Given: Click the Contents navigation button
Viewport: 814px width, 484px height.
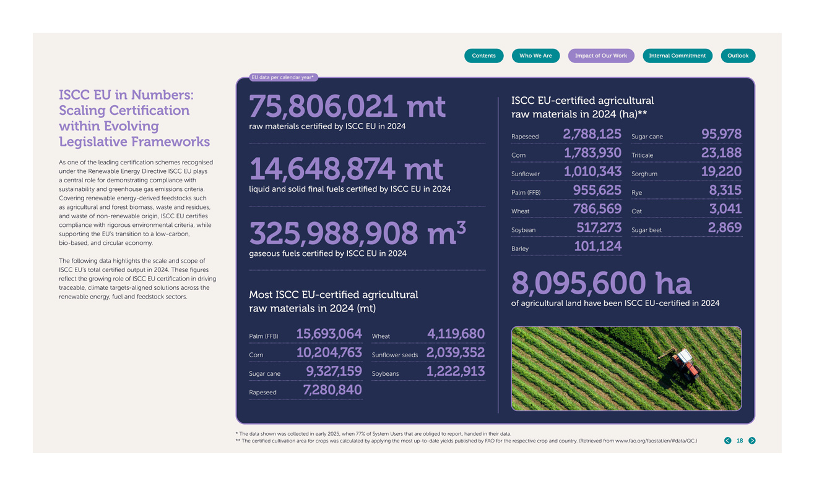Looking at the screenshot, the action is click(483, 56).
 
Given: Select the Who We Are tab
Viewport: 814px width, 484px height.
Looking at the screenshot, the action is click(535, 56).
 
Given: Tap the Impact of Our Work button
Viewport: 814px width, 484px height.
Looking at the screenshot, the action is click(600, 56).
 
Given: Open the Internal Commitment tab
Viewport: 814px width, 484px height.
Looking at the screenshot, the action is click(677, 56).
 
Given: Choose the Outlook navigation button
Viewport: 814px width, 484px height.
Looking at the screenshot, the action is click(738, 56).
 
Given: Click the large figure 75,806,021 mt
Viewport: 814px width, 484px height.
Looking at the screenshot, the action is click(347, 106).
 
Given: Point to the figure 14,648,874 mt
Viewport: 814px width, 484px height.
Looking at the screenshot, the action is click(345, 169).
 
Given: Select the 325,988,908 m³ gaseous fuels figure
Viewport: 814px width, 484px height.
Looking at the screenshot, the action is click(357, 233).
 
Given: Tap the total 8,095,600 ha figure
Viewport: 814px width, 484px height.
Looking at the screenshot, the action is click(600, 284).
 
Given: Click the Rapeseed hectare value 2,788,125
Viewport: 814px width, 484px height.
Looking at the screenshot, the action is click(592, 134).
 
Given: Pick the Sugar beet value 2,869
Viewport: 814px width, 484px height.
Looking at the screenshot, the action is click(724, 227).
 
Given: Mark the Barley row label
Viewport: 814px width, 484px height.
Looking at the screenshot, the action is click(520, 248).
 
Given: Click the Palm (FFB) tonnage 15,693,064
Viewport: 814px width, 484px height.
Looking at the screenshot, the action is click(329, 334).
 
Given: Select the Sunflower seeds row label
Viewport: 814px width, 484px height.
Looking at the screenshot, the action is click(394, 355).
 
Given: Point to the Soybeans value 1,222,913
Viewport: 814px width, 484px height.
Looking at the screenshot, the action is click(455, 371).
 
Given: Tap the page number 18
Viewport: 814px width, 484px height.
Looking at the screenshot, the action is click(740, 441).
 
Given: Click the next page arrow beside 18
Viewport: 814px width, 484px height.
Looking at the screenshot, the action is click(752, 441).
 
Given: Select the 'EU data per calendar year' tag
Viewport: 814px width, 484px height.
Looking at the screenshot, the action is click(283, 77).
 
